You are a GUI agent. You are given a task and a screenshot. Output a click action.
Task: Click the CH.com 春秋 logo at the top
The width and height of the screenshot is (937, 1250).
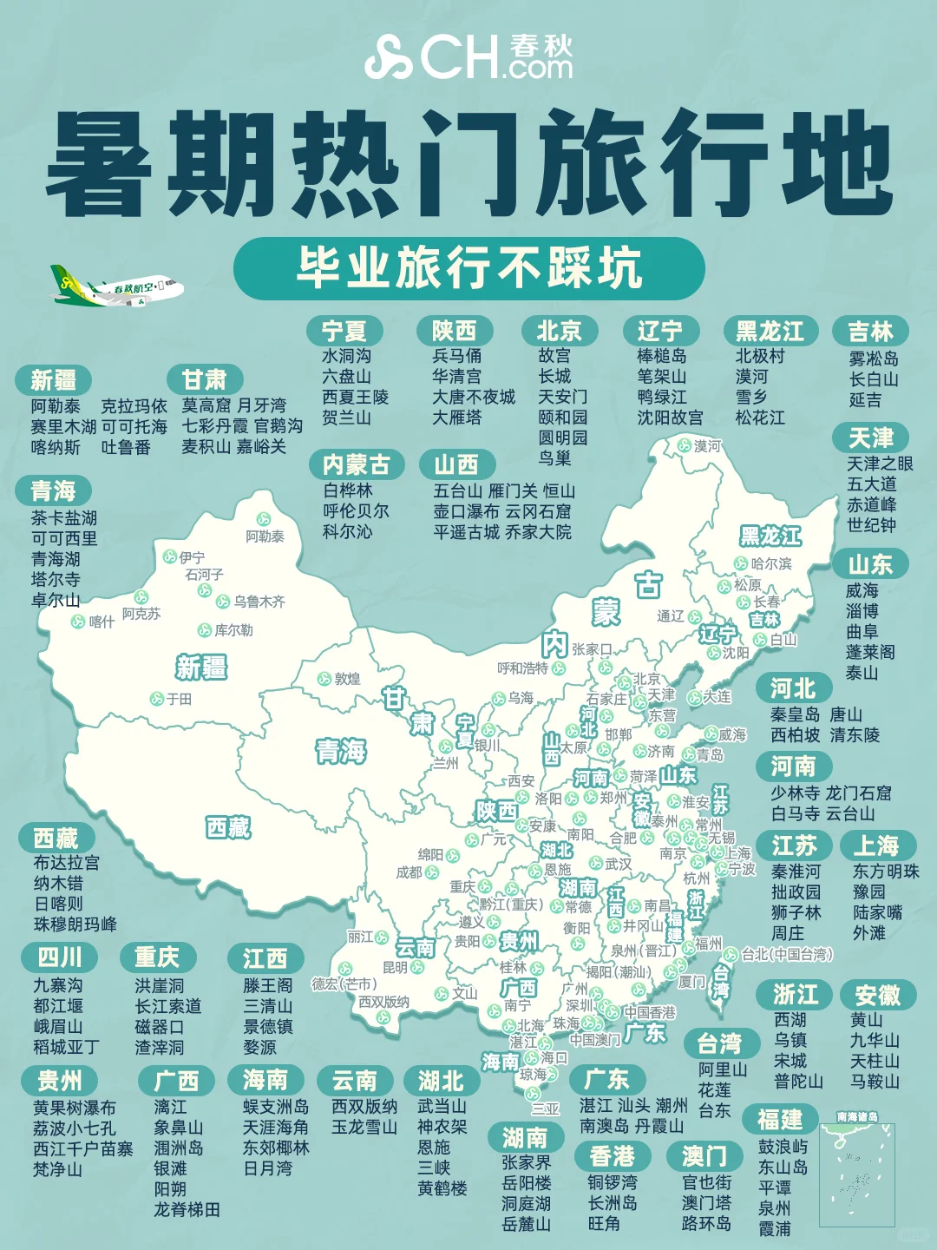468,56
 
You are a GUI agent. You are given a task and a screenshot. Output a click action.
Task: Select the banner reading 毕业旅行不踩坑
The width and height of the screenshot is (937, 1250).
468,268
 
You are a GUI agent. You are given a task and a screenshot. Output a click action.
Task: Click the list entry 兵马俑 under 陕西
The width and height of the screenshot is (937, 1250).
457,356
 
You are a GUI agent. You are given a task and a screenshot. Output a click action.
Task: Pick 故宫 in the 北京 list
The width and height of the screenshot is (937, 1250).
554,356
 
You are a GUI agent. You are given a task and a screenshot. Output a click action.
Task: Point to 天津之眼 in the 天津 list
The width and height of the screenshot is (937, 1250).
880,464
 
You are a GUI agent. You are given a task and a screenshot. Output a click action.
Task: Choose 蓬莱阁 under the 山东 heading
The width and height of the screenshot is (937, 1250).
870,652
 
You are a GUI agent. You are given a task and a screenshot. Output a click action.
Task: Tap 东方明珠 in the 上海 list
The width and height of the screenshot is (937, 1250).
886,871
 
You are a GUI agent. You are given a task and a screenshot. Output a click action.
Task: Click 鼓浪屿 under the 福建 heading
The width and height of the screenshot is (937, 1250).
783,1147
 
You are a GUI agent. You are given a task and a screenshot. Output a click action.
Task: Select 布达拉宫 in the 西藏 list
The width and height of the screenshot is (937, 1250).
67,863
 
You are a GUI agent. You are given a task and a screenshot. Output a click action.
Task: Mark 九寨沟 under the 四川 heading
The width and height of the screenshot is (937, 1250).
58,985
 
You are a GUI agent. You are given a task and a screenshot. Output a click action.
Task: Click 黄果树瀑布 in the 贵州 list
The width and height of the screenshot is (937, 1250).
75,1108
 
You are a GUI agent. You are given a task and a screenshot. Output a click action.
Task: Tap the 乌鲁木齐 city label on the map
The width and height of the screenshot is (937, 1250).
259,602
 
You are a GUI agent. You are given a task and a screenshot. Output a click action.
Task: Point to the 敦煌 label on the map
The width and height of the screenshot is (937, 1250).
347,679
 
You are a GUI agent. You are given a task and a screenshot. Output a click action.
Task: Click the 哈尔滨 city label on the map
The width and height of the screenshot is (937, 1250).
771,564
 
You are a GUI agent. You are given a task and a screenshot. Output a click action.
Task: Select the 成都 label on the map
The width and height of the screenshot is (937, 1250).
410,872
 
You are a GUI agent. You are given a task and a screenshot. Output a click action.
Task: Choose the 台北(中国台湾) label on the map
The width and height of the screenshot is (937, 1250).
786,955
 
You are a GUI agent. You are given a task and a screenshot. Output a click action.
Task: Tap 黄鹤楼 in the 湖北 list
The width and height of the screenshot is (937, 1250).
442,1188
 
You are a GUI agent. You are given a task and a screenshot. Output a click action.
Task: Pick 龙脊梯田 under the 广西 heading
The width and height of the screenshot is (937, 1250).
187,1209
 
